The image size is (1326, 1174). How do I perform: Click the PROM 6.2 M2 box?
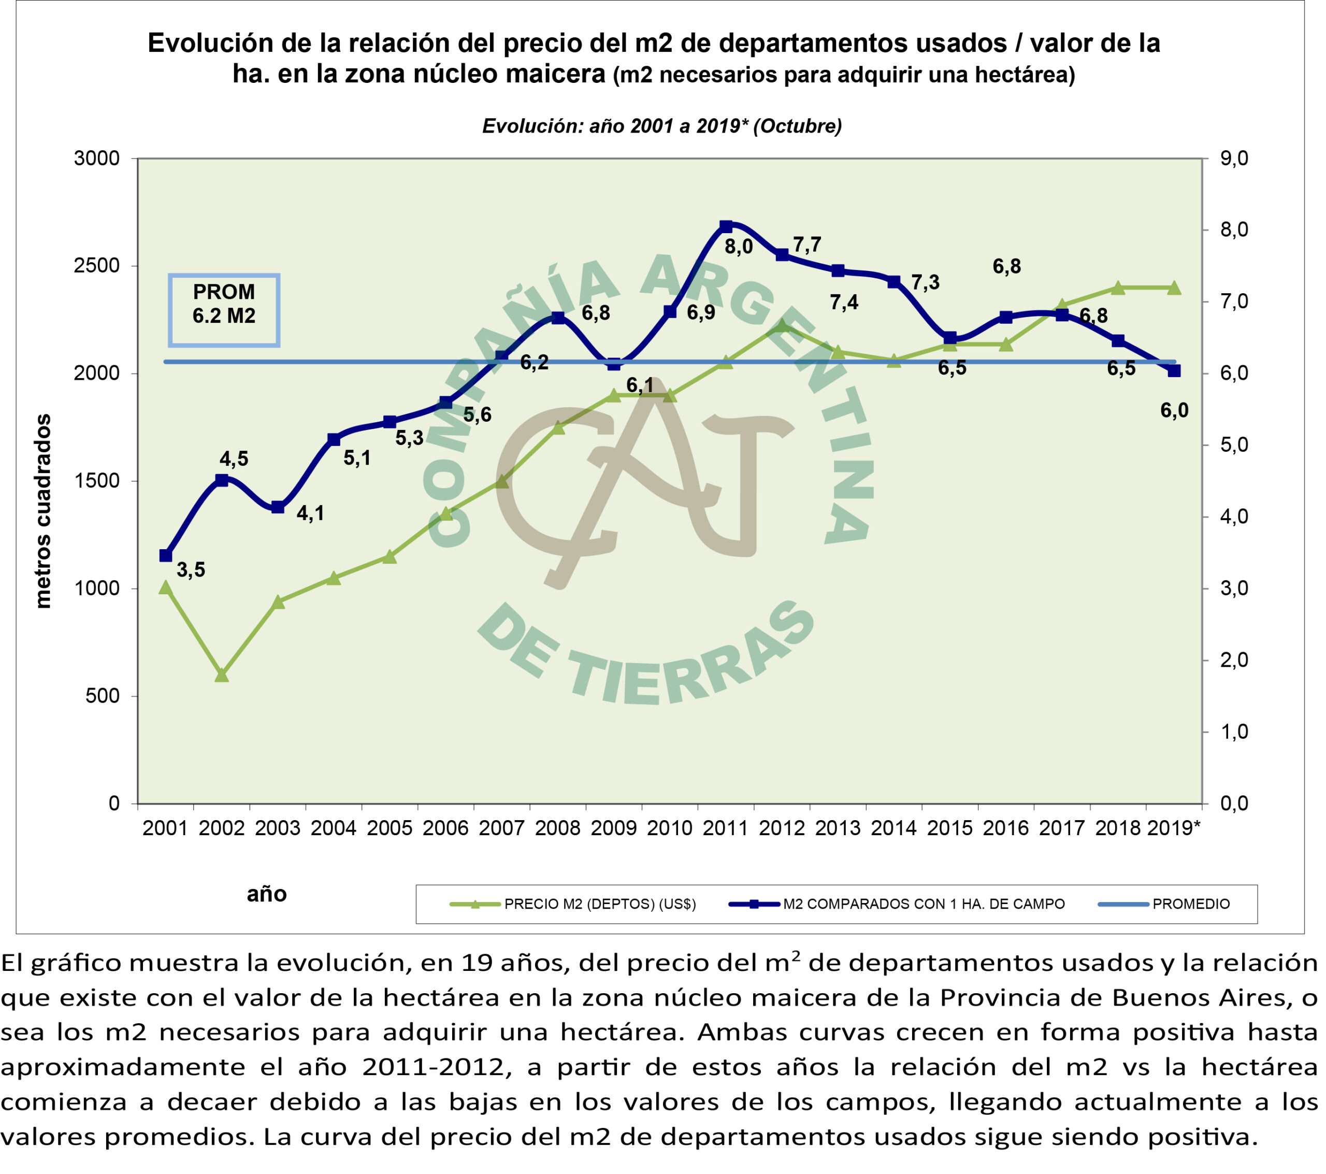click(x=224, y=310)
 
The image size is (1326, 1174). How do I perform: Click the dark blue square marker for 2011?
click(x=726, y=226)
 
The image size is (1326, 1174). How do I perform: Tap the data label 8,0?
click(x=738, y=247)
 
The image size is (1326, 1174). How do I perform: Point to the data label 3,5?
click(x=191, y=570)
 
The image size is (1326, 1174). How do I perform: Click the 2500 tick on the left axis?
click(x=97, y=266)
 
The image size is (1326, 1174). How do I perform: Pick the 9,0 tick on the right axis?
click(x=1234, y=159)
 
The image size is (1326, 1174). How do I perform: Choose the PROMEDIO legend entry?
click(x=1190, y=904)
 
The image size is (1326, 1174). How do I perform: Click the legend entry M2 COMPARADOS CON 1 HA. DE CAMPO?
click(x=923, y=904)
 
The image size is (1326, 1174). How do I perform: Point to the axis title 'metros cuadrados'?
click(x=44, y=512)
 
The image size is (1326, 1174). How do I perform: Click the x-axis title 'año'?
click(x=267, y=894)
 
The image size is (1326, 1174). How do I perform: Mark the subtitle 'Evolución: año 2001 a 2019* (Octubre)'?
click(x=661, y=126)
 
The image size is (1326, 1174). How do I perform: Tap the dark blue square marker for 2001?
click(x=165, y=555)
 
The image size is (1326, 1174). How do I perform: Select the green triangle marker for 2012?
click(x=782, y=326)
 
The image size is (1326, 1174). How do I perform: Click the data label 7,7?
click(x=807, y=245)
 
